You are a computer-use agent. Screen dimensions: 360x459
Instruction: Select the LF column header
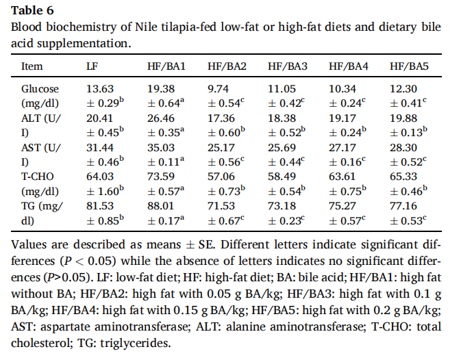pos(94,66)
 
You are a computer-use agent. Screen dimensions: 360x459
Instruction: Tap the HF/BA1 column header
pos(166,66)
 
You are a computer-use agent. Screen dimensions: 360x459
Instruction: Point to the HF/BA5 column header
pos(409,66)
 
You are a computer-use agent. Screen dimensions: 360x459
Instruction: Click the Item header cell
pos(32,66)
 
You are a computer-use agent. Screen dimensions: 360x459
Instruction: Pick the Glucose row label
pos(40,89)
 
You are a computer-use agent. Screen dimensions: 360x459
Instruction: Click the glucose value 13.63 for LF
pos(100,89)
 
